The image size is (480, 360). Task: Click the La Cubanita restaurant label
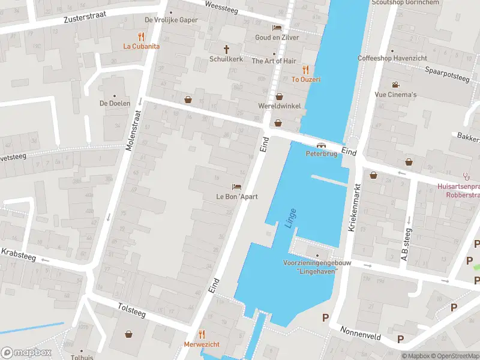point(142,46)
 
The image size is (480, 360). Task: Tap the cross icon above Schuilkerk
point(227,49)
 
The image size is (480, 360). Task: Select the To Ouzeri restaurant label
point(306,79)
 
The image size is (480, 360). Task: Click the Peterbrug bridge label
point(322,154)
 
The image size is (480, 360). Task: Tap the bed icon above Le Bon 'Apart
point(237,187)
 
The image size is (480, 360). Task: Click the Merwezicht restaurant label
point(202,344)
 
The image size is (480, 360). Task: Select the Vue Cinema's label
point(395,95)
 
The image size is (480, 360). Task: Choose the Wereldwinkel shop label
point(279,106)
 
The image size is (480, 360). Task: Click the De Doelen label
point(115,103)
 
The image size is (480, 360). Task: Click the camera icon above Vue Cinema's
point(395,85)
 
